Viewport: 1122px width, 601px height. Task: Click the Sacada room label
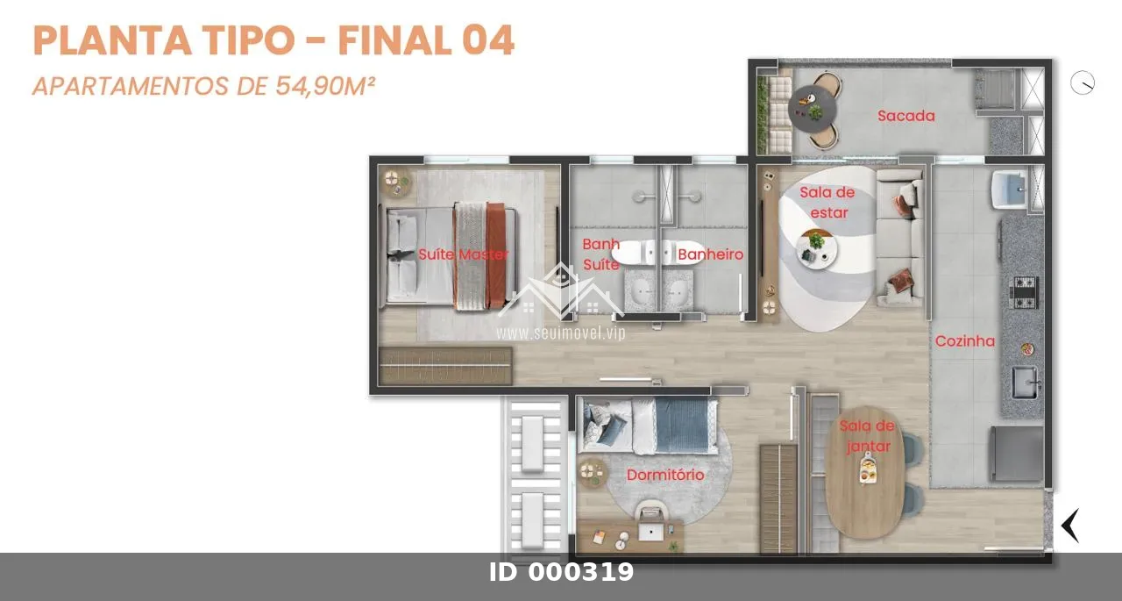click(906, 116)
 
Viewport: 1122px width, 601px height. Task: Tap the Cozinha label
click(965, 341)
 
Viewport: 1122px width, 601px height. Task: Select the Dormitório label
click(665, 475)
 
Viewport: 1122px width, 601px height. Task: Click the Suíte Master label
click(464, 254)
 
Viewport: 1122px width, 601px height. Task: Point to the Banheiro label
click(710, 254)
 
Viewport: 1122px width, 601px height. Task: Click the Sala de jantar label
click(868, 436)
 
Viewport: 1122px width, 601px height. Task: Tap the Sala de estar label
click(827, 203)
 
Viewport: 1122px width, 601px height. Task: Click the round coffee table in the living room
click(816, 250)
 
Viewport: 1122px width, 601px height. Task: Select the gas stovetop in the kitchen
click(1023, 292)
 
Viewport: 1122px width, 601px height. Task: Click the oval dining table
click(864, 473)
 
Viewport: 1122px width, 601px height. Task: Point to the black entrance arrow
click(1070, 526)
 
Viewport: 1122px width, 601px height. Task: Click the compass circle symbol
click(1083, 82)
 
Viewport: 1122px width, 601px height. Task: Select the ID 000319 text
click(561, 572)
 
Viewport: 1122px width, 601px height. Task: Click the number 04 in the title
click(488, 40)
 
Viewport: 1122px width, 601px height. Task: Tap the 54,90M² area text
click(324, 86)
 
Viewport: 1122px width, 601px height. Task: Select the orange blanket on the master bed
click(495, 255)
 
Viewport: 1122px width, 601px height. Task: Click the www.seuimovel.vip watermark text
click(561, 333)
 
